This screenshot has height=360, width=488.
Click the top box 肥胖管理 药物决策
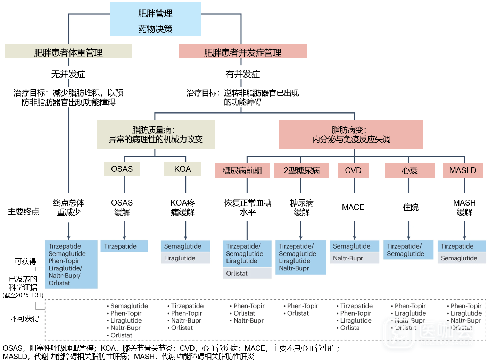point(155,20)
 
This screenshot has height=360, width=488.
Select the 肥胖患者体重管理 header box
point(68,51)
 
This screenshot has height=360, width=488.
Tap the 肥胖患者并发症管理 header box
point(242,51)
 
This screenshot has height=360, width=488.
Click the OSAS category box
point(122,169)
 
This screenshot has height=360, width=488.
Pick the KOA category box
point(182,169)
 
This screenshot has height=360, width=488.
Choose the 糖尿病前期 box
point(242,170)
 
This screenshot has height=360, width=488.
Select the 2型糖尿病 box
point(301,170)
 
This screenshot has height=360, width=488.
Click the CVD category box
point(353,170)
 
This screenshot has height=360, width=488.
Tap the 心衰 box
point(410,170)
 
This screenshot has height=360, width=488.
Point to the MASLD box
point(463,170)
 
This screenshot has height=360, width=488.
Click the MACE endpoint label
point(353,207)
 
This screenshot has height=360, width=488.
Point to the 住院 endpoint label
point(410,207)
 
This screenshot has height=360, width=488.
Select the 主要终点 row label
point(23,211)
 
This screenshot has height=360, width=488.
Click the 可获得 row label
point(25,261)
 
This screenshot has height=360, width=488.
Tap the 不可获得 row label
point(25,319)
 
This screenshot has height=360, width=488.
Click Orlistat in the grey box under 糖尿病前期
point(237,273)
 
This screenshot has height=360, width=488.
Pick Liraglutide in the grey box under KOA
point(180,258)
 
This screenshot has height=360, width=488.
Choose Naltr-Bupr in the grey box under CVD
point(348,258)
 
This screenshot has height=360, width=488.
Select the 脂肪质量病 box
point(156,134)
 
